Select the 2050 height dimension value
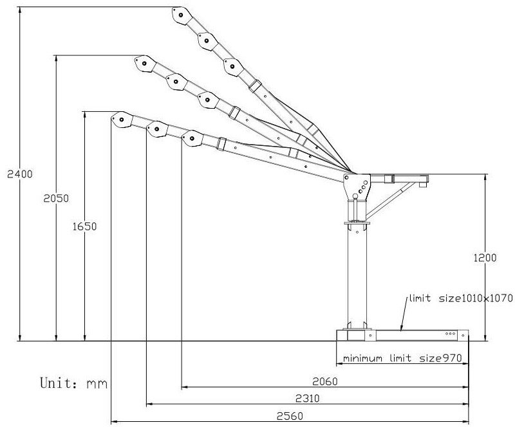click(48, 199)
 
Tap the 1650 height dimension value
click(76, 226)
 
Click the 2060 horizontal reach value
click(325, 381)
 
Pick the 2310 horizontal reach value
click(308, 399)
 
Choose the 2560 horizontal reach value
click(290, 416)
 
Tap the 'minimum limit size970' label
click(402, 358)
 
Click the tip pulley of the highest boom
click(180, 14)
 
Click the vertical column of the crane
click(357, 277)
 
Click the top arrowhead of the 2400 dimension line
click(21, 9)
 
